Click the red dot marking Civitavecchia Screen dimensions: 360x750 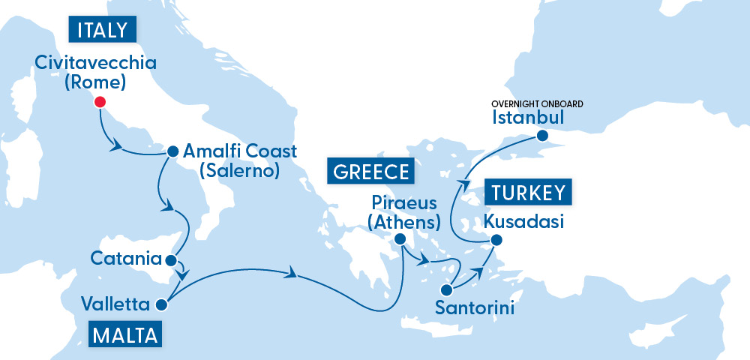(x=98, y=103)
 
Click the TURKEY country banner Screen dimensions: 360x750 (x=529, y=193)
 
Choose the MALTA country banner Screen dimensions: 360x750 (x=126, y=334)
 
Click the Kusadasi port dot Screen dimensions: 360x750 (x=495, y=241)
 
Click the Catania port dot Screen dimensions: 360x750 (x=170, y=262)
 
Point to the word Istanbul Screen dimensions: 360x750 (x=528, y=118)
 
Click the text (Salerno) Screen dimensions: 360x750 (x=239, y=171)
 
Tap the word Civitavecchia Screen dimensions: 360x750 (x=96, y=62)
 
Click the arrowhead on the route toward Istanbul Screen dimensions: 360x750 (x=465, y=184)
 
